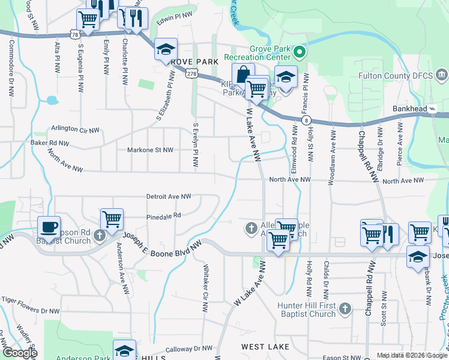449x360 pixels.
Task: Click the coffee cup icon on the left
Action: click(x=49, y=227)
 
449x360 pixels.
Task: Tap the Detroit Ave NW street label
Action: click(x=169, y=196)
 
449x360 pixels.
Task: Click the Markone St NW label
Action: click(x=151, y=150)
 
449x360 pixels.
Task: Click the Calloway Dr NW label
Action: click(x=189, y=348)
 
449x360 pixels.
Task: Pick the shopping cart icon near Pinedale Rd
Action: click(x=112, y=220)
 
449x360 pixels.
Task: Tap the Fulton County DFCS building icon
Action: click(x=442, y=75)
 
